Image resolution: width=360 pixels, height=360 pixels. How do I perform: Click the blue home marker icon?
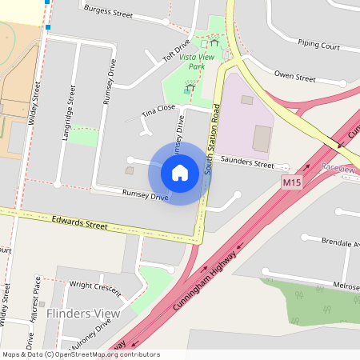(180, 172)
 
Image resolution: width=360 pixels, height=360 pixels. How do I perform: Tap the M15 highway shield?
(292, 183)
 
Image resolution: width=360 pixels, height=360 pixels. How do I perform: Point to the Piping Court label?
(318, 46)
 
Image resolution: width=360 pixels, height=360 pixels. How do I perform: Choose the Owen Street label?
(294, 78)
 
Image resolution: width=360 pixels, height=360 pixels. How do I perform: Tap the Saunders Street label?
(248, 163)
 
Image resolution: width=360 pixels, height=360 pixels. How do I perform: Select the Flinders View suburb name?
(83, 313)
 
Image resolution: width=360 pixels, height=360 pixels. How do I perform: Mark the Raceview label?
(337, 169)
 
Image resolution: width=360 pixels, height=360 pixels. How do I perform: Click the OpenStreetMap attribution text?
(80, 354)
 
